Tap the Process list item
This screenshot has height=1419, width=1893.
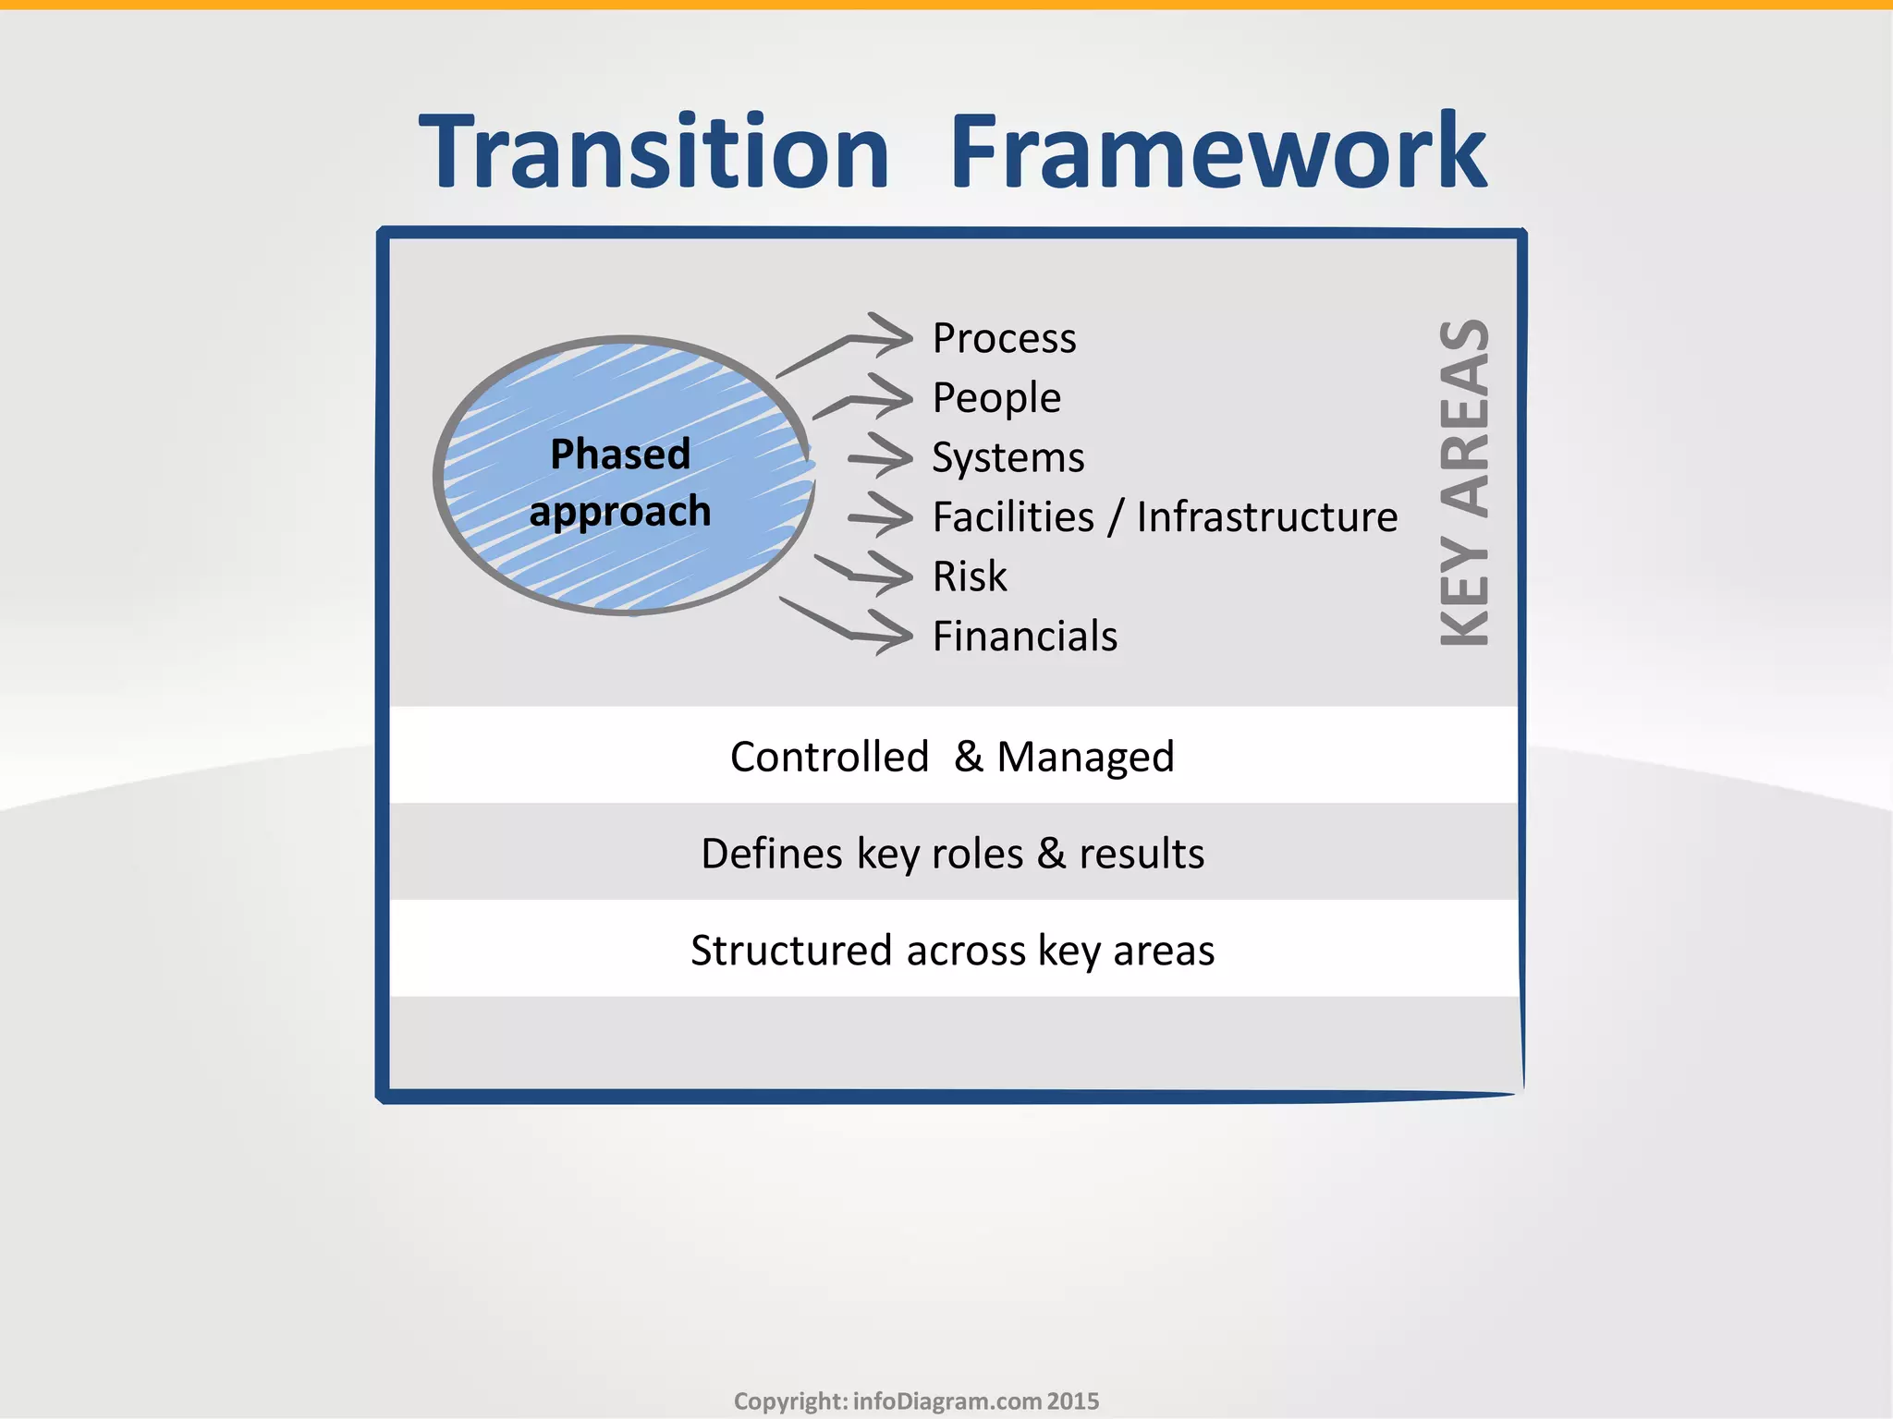coord(1004,338)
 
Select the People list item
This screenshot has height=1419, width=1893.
coord(996,398)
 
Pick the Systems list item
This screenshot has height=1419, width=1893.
coord(1008,458)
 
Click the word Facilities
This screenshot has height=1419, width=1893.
coord(1013,517)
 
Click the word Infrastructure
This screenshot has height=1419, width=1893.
coord(1266,517)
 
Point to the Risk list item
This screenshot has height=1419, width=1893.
coord(970,577)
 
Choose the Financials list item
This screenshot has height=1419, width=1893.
coord(1024,637)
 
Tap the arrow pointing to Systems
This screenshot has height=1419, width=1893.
coord(880,457)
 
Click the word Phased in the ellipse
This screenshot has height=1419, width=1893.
coord(620,455)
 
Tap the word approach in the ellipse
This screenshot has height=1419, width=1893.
coord(620,512)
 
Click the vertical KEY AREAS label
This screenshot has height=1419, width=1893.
coord(1465,482)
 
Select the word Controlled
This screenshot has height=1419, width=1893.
coord(829,757)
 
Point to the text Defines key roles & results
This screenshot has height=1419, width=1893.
coord(952,854)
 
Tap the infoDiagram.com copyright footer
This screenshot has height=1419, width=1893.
coord(916,1401)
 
